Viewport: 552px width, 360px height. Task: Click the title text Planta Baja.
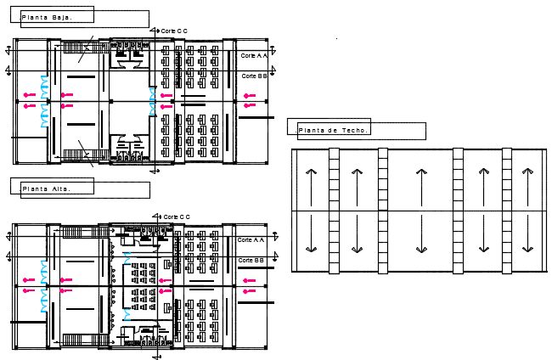click(x=47, y=17)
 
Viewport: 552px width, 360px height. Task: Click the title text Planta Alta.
click(x=45, y=188)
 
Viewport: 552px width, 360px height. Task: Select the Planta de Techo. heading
click(x=332, y=130)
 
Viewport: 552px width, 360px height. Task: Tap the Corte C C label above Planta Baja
click(x=174, y=31)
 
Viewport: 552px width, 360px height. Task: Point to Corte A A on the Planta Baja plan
click(x=253, y=55)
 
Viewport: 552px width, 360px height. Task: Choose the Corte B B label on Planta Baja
click(x=253, y=76)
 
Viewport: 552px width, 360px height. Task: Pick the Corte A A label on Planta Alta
click(x=251, y=239)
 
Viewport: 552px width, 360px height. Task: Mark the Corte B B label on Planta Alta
click(x=251, y=260)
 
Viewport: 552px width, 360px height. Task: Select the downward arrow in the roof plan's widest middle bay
click(x=420, y=233)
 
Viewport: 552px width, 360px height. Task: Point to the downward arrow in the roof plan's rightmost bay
click(x=527, y=233)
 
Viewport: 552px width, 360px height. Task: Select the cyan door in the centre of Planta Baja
click(x=154, y=103)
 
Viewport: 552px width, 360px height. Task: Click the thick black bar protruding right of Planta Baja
click(x=256, y=118)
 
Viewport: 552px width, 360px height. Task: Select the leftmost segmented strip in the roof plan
click(x=334, y=210)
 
